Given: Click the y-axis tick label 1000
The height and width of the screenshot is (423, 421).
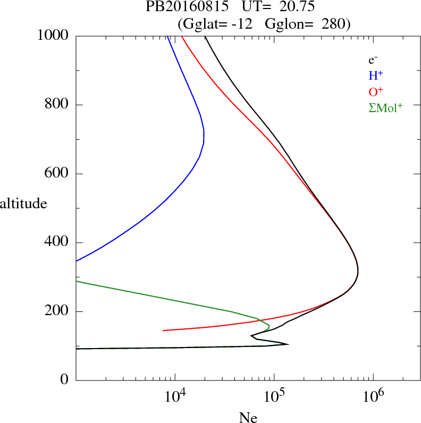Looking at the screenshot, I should pyautogui.click(x=53, y=36).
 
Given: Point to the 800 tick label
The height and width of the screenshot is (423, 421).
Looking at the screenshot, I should pyautogui.click(x=57, y=105).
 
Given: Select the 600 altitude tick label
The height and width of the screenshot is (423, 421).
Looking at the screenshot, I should pyautogui.click(x=57, y=174).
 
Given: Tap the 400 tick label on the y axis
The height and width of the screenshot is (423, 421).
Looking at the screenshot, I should pyautogui.click(x=57, y=243).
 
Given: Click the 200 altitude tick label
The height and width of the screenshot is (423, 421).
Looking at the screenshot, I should pyautogui.click(x=57, y=311).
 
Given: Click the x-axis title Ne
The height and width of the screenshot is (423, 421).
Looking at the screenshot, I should pyautogui.click(x=248, y=418).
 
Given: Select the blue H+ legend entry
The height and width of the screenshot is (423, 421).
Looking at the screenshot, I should pyautogui.click(x=375, y=76).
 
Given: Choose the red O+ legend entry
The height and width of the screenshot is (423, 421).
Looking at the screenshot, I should pyautogui.click(x=376, y=91).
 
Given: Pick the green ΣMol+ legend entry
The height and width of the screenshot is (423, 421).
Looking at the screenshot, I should pyautogui.click(x=385, y=107).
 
